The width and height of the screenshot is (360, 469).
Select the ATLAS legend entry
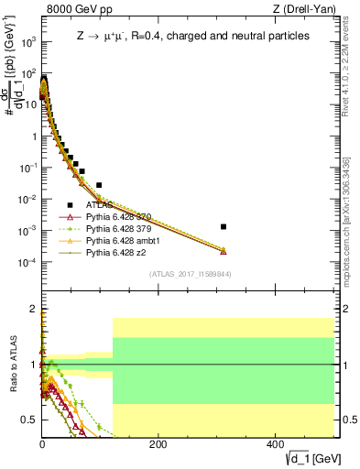click(98, 205)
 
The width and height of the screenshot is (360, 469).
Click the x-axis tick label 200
click(158, 444)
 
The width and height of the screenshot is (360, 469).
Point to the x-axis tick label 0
click(42, 444)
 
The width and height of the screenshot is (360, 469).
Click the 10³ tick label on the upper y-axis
click(27, 41)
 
